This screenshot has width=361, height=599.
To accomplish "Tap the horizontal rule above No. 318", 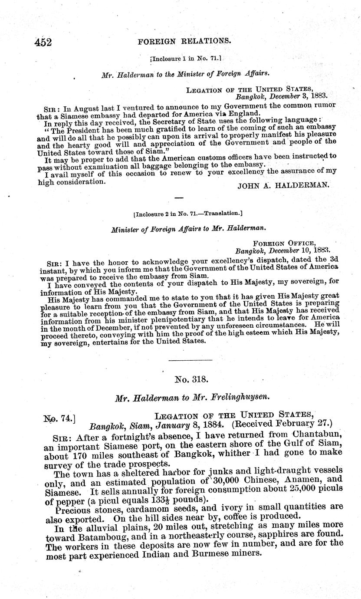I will tap(190, 360).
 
